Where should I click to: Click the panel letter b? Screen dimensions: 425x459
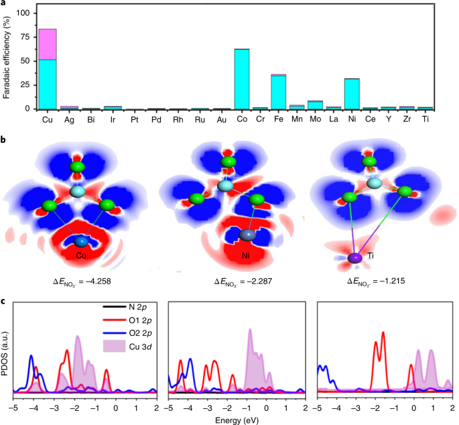point(5,139)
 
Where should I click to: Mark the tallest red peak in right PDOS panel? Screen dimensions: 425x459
point(383,333)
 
